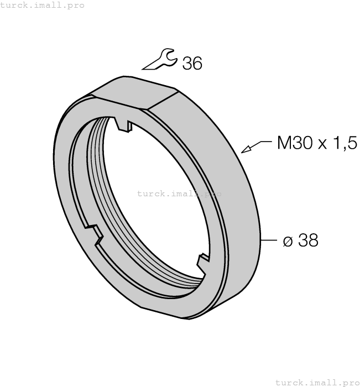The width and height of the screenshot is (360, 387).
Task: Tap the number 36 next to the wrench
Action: coord(192,64)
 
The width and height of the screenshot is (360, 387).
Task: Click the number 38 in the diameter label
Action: coord(308,240)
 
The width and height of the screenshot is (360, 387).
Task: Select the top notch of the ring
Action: coord(124,123)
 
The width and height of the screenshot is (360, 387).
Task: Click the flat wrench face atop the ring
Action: coord(135,90)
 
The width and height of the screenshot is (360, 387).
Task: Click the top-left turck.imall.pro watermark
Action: coord(43,5)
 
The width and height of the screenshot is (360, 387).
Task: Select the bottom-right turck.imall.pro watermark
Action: coord(316,382)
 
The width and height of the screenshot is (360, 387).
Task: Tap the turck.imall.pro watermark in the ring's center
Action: coord(179,193)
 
